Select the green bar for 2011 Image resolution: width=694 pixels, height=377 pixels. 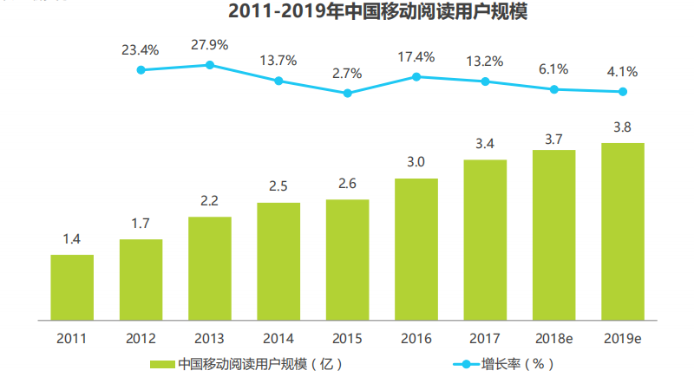72,287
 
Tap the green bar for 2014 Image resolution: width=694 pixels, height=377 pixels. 278,261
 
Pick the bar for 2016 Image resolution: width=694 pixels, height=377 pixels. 416,249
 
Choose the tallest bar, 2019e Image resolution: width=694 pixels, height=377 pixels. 623,231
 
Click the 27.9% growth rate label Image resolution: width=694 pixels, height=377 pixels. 209,45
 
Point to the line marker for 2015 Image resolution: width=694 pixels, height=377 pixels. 348,93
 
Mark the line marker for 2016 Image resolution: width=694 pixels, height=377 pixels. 416,76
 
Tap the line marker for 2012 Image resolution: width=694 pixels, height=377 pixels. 141,69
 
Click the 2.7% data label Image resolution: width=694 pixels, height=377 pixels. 348,73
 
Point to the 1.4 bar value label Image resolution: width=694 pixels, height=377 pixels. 72,238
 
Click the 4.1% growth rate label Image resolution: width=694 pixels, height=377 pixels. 623,72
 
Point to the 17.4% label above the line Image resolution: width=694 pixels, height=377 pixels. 416,56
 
